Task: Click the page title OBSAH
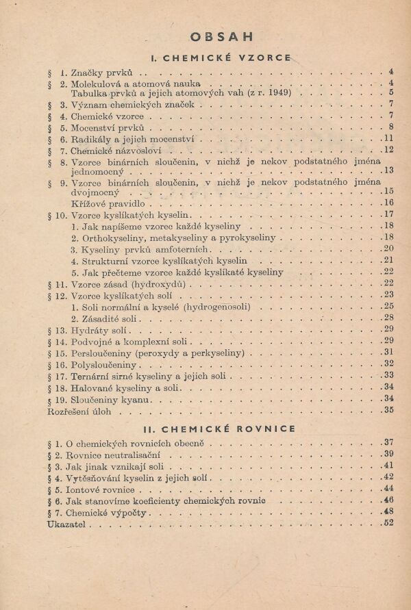point(222,36)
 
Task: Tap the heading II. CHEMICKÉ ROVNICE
point(220,429)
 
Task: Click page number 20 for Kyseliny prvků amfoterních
point(388,249)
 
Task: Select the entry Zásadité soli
point(110,318)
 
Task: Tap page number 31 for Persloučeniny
point(388,353)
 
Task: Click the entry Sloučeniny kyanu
point(110,398)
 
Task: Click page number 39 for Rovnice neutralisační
point(388,454)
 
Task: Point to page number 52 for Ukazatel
point(388,524)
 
